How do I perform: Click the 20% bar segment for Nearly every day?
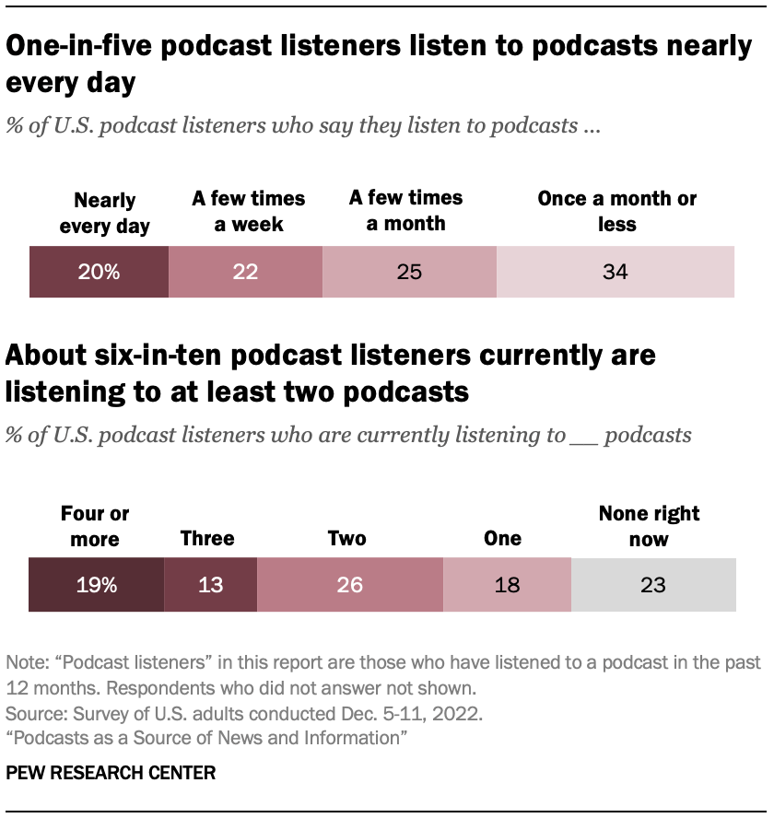pos(99,272)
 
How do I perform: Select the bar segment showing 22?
pos(245,272)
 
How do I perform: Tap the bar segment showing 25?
pos(409,272)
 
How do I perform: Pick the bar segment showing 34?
pos(616,272)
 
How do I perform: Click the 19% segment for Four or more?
pos(96,584)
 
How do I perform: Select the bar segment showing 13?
pos(210,584)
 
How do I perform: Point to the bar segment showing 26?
pos(350,584)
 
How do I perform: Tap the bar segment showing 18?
pos(507,584)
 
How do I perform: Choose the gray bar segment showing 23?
pos(653,584)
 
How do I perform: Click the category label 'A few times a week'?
pos(248,211)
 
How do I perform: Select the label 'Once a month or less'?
pos(616,211)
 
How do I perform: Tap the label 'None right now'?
pos(649,525)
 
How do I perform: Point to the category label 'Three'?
pos(207,538)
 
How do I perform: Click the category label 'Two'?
pos(346,538)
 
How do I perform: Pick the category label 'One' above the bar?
pos(502,538)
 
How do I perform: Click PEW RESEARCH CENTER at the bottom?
pos(111,773)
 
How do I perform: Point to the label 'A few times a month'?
pos(405,210)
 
